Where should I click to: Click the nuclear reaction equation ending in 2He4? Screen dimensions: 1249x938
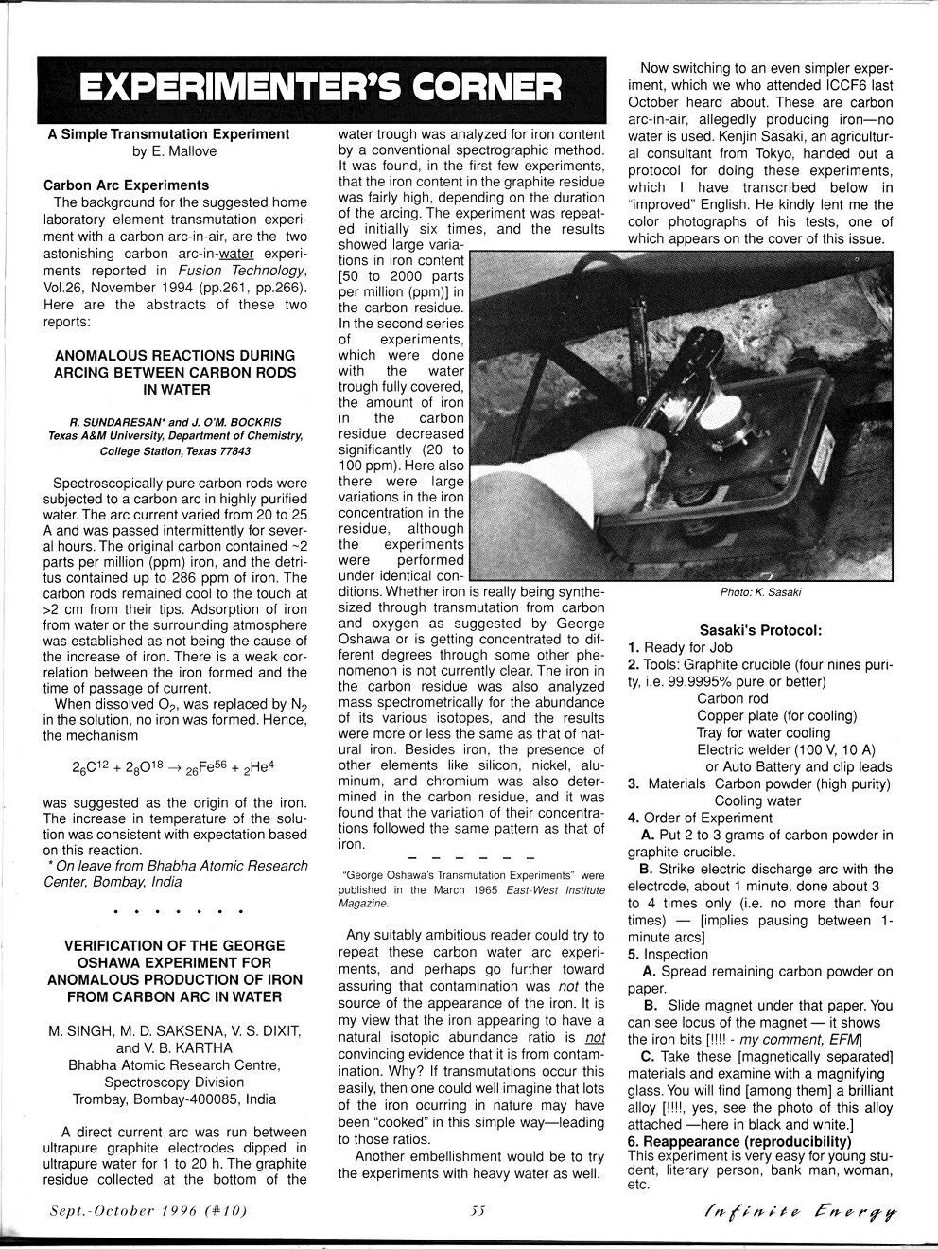[x=173, y=766]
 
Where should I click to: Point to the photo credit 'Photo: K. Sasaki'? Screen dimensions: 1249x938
[x=763, y=592]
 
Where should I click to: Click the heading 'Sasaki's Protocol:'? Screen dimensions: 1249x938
[x=760, y=630]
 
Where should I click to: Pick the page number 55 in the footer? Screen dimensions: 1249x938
[x=477, y=1211]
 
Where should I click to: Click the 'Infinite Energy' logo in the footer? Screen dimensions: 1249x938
[x=800, y=1212]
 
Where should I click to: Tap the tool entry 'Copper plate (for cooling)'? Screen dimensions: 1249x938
[x=777, y=716]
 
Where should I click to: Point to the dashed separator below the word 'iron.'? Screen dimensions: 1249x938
[x=473, y=859]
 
